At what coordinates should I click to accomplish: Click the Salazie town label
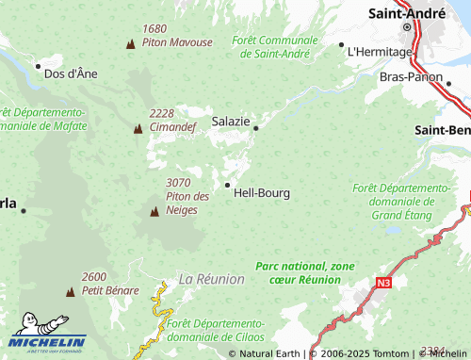tap(231, 122)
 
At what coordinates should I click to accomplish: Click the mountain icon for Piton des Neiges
tap(154, 212)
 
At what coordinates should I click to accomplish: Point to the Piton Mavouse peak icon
tap(130, 44)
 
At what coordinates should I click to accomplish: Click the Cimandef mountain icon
tap(138, 127)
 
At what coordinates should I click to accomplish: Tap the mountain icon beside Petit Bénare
tap(70, 292)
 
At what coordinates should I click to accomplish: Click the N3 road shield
tap(383, 281)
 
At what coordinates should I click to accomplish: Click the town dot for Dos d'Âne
tap(38, 66)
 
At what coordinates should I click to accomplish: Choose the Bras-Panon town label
tap(410, 76)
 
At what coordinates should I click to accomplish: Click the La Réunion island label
tap(211, 280)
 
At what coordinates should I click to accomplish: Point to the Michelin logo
tap(49, 341)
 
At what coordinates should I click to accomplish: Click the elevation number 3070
tap(178, 182)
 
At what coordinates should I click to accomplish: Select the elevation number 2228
tap(161, 113)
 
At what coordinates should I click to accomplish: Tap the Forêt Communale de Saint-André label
tap(275, 47)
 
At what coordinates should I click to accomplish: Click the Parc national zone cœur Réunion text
tap(304, 272)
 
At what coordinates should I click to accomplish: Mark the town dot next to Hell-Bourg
tap(227, 185)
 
